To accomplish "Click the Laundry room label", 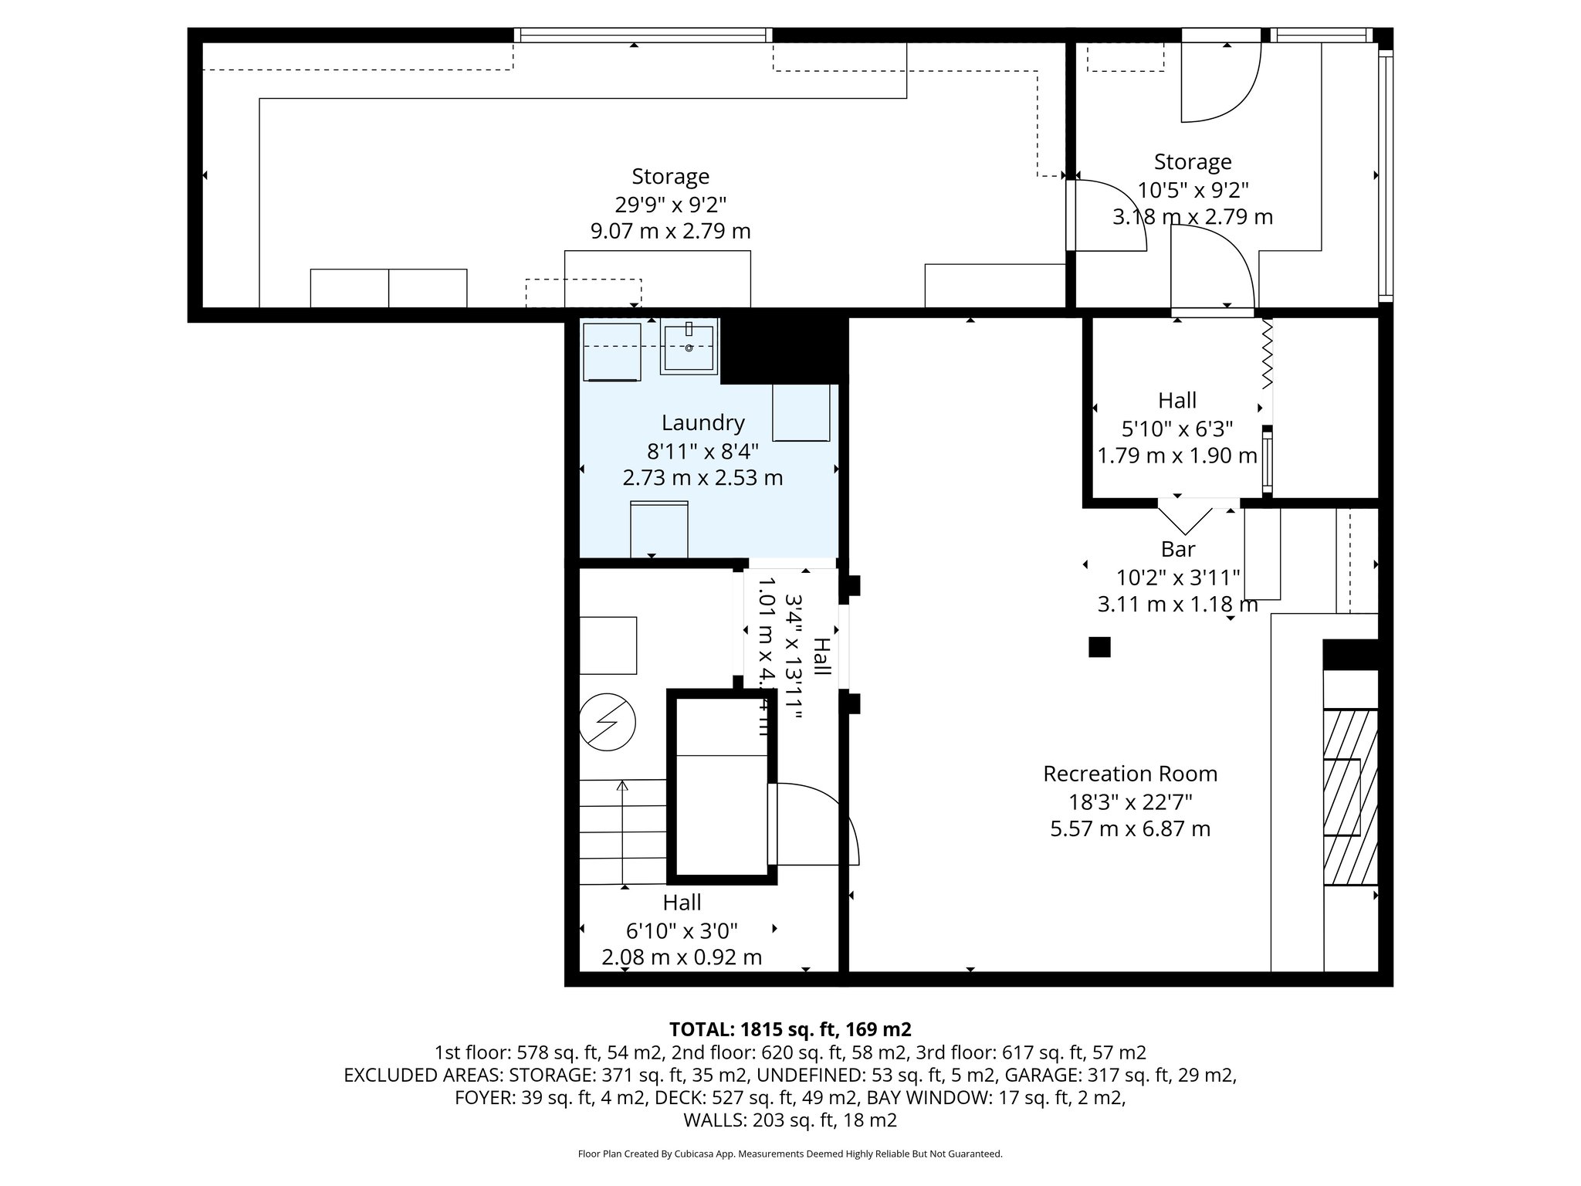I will (x=702, y=423).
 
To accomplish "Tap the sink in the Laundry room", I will (x=689, y=347).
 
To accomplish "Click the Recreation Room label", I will (x=1129, y=774).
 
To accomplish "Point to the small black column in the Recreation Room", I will (x=1099, y=647).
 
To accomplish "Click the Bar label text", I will (x=1178, y=549).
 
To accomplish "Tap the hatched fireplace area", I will (x=1350, y=797).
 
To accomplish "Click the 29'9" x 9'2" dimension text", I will (x=670, y=205).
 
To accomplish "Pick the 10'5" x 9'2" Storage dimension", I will (x=1193, y=190).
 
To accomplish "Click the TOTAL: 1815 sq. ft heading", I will (x=790, y=1029).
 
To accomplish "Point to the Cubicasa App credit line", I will (x=790, y=1154).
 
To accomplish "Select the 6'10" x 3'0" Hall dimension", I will (x=682, y=930).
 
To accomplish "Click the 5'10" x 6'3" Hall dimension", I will (x=1176, y=429).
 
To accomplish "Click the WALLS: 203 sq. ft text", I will (x=790, y=1120).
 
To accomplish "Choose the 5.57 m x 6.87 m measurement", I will (x=1129, y=829).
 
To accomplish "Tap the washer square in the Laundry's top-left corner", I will (x=612, y=352).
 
